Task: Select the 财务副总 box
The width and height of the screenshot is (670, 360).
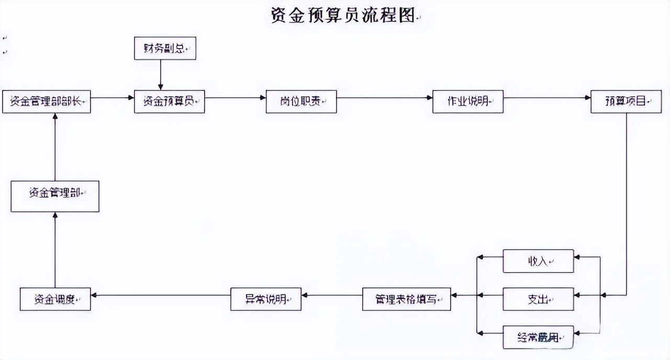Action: tap(165, 48)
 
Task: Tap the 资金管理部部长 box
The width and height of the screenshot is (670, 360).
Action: tap(47, 102)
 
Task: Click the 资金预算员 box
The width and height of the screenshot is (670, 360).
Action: tap(169, 102)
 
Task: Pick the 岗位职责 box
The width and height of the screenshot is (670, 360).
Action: tap(301, 102)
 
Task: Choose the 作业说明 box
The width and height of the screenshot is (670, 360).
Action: tap(467, 102)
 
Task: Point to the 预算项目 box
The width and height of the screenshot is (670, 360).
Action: tap(626, 102)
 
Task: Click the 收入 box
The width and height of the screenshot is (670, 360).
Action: tap(538, 261)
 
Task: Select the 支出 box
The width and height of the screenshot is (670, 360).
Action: tap(538, 299)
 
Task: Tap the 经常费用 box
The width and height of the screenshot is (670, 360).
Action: tap(538, 337)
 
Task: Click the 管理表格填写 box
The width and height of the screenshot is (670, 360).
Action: tap(406, 299)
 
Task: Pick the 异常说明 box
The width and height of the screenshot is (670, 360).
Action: tap(266, 299)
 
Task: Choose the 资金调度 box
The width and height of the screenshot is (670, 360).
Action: tap(55, 299)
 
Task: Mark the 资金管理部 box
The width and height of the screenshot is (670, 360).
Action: tap(55, 196)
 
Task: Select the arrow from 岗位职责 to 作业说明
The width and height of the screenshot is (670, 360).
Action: tap(385, 98)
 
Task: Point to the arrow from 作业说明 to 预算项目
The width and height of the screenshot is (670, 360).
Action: tap(547, 98)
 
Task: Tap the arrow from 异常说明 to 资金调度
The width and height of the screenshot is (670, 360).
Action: tap(161, 295)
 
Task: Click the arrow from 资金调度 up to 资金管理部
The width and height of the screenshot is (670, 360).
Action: tap(55, 250)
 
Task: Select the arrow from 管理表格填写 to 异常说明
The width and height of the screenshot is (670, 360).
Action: tap(332, 295)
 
